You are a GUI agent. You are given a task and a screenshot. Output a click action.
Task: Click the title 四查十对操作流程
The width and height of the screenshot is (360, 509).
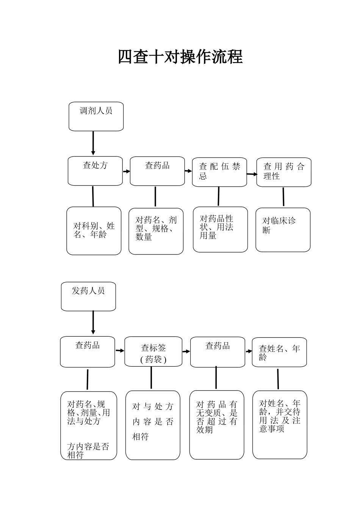pos(180,57)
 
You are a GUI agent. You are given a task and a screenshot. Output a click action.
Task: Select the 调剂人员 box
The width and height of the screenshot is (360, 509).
pos(96,116)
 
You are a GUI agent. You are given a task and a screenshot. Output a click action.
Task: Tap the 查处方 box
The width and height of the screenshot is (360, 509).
pos(95,171)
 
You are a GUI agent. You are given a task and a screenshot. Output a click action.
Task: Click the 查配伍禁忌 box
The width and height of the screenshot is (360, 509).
pos(219,172)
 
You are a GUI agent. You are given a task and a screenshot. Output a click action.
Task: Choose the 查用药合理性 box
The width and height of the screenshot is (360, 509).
pos(284,172)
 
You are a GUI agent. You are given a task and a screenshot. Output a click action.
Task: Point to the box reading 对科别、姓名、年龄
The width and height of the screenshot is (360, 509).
pos(94,231)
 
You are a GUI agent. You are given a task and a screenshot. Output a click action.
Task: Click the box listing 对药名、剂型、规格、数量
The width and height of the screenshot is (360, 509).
pos(156,231)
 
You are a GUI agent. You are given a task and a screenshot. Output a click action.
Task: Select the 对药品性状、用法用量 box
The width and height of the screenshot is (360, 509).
pos(220,229)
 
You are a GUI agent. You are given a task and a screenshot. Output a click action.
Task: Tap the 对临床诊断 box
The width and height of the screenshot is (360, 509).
pos(283,230)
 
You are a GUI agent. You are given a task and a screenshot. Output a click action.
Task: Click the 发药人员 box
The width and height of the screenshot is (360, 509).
pos(88,296)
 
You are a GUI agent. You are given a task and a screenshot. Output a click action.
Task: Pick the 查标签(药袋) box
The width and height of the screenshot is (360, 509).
pos(153,352)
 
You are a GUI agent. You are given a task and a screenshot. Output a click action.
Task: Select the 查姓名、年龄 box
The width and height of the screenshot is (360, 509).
pos(279,352)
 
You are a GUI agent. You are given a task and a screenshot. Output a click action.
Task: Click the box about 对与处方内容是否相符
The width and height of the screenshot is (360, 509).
pos(153,425)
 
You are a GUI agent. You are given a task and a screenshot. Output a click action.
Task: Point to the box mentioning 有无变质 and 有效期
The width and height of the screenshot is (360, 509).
pos(217,425)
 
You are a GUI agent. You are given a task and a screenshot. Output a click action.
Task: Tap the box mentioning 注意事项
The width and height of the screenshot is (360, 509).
pos(280,424)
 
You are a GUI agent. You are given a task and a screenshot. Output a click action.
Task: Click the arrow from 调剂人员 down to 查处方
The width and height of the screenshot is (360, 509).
pos(93,144)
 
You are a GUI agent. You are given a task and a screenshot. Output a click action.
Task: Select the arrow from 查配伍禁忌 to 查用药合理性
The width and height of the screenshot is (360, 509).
pos(252,174)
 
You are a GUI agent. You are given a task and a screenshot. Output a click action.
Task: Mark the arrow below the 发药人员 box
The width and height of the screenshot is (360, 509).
pos(93,323)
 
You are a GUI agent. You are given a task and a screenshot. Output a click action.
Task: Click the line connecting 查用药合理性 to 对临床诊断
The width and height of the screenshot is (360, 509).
pos(283,197)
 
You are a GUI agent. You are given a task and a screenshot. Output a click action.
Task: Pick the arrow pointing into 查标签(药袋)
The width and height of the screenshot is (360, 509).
pos(120,351)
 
